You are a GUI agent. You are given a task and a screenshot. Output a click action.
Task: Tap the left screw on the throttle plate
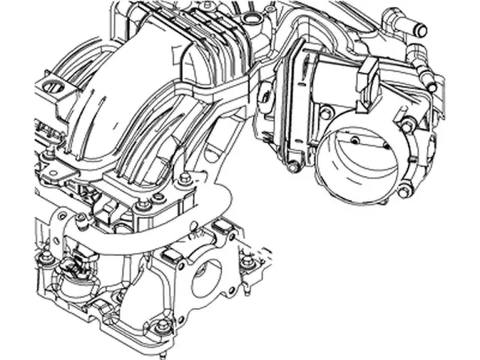click(354, 139)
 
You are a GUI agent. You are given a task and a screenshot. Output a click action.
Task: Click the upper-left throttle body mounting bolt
click(326, 112)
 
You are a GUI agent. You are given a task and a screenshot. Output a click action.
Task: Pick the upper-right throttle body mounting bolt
click(409, 124)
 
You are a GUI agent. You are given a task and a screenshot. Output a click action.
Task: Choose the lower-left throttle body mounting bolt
click(293, 166)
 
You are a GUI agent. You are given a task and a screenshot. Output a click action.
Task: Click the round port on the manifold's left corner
click(55, 86)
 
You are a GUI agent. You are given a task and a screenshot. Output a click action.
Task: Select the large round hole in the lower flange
click(206, 278)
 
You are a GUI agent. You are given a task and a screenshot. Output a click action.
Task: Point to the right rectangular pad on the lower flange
click(223, 227)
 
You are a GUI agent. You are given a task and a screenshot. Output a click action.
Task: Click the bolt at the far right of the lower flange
click(247, 262)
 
